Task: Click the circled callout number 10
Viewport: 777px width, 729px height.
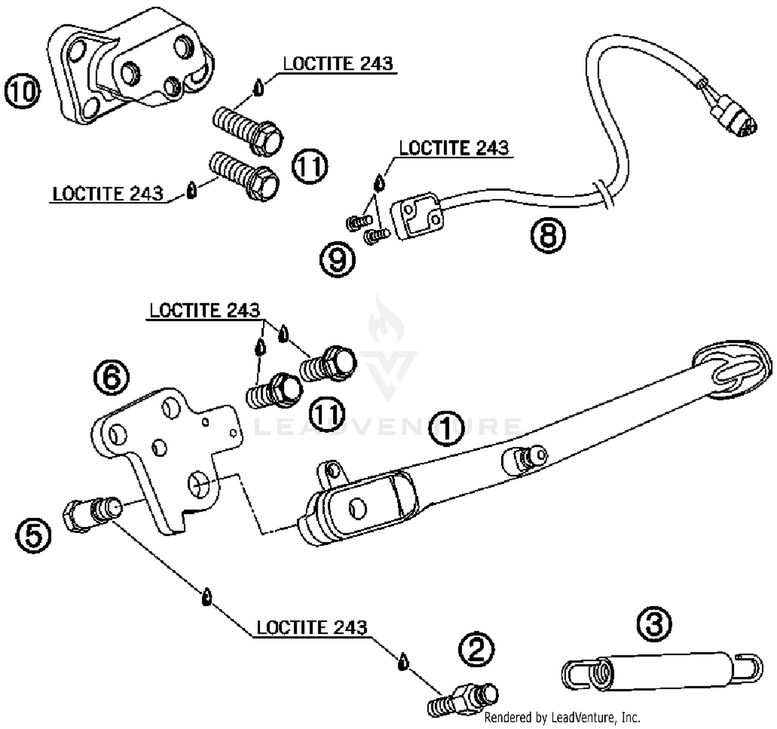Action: (x=23, y=91)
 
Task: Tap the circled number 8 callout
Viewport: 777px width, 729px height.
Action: (x=548, y=235)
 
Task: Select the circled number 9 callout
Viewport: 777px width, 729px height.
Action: (x=338, y=260)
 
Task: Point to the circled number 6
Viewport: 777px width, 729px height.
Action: (x=111, y=377)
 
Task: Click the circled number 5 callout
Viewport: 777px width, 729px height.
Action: (x=33, y=535)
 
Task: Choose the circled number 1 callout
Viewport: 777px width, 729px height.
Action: (x=447, y=428)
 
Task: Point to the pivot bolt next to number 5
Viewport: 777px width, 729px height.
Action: (x=92, y=514)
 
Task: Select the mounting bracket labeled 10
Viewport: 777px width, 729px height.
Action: (x=131, y=66)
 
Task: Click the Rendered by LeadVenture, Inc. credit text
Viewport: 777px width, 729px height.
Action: (x=562, y=717)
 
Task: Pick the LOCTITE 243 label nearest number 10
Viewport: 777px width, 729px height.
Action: (x=338, y=63)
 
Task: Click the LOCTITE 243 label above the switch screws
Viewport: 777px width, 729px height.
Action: (x=454, y=148)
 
